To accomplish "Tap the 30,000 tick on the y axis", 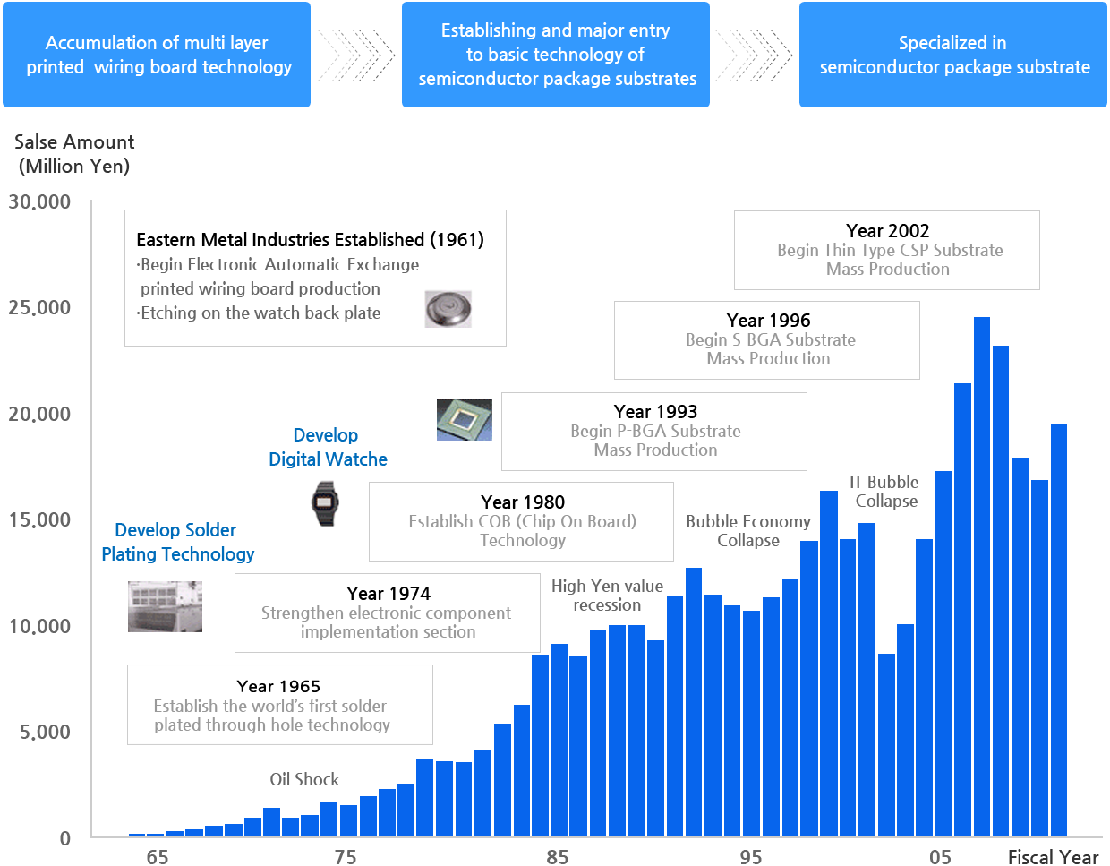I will (x=39, y=201).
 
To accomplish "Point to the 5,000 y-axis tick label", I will (x=45, y=732).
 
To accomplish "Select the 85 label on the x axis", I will (x=557, y=857).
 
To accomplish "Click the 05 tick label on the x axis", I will (x=940, y=857).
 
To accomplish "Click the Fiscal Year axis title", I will (x=1053, y=857).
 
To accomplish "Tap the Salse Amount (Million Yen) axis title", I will (x=74, y=154).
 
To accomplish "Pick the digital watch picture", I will (x=325, y=503).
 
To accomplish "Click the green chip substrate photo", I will (x=464, y=419).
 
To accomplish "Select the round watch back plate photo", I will (x=448, y=309).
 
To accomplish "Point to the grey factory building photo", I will (x=165, y=606).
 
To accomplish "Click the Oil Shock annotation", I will (x=304, y=779).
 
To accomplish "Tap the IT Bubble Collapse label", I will (x=885, y=492).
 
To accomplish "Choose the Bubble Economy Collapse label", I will (x=748, y=531).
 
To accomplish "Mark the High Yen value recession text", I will (x=607, y=596).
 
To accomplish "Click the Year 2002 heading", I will (x=887, y=231).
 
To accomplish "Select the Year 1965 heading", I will (x=278, y=686).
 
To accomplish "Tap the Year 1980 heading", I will (x=523, y=502).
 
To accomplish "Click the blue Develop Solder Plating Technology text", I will (x=177, y=542).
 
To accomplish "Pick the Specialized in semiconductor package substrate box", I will (x=952, y=55).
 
